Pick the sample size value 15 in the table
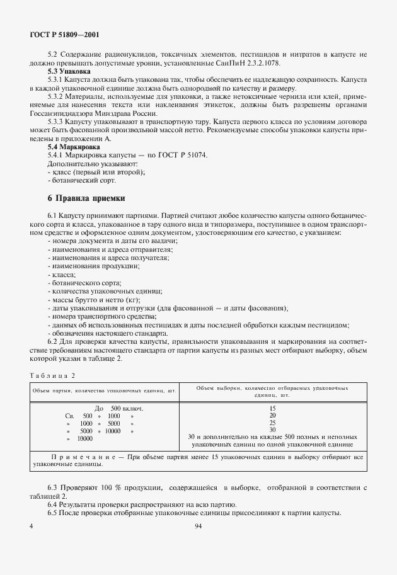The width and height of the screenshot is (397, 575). click(x=272, y=408)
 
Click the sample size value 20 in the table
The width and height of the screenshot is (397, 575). click(x=272, y=416)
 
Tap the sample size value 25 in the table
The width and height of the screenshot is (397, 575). click(x=272, y=423)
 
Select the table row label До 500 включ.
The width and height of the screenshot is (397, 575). click(x=118, y=408)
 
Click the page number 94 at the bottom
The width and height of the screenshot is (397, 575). click(x=198, y=525)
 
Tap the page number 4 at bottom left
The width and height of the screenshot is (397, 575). click(x=31, y=525)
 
